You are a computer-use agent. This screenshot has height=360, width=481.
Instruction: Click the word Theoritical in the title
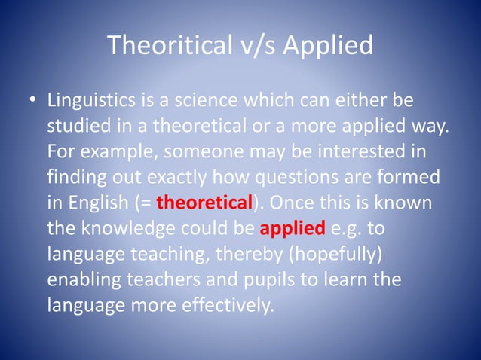pos(170,46)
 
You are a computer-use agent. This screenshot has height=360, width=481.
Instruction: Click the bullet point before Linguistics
pos(30,101)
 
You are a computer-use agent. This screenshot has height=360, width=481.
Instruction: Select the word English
pos(100,203)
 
